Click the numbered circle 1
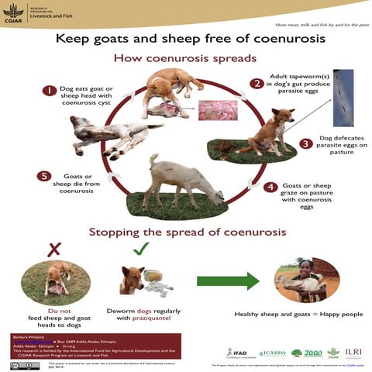pyautogui.click(x=50, y=91)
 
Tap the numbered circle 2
pyautogui.click(x=256, y=83)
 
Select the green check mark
pyautogui.click(x=140, y=250)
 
